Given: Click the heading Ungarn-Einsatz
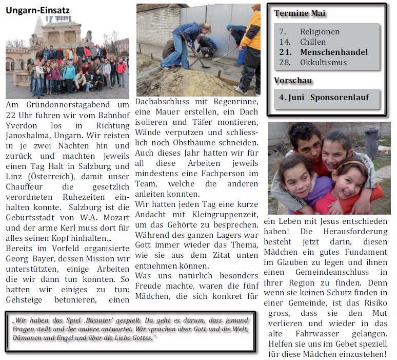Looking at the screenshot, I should [38, 10].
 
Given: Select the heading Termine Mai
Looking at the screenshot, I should [300, 13].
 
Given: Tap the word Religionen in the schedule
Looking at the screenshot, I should [320, 32].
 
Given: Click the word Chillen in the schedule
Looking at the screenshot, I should [313, 42].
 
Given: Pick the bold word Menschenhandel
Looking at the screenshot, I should [334, 52].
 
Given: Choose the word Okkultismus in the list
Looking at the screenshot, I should [323, 63].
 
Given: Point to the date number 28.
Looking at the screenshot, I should [285, 63].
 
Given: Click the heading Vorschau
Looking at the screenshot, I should [293, 81].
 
